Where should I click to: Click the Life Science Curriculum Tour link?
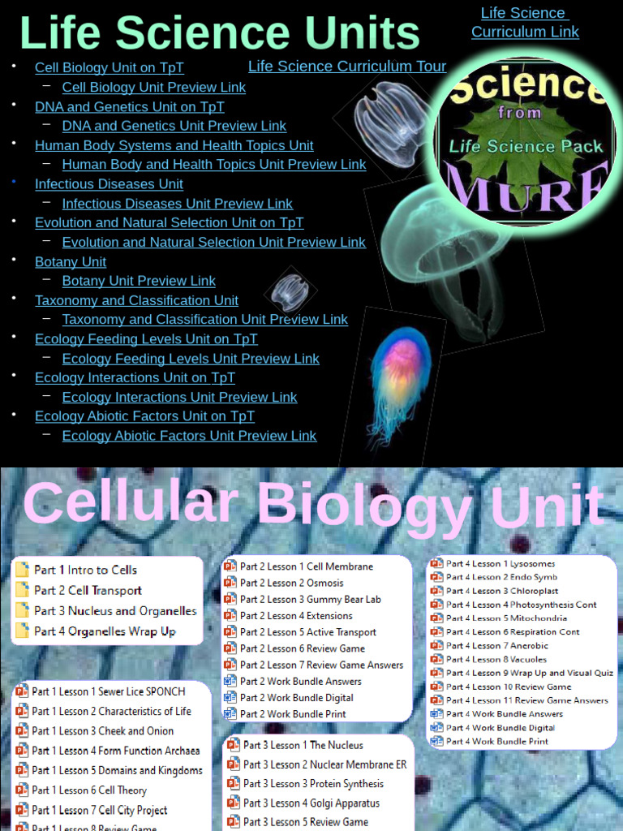tap(347, 67)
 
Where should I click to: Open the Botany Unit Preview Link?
tap(139, 281)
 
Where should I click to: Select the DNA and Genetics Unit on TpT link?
tap(129, 106)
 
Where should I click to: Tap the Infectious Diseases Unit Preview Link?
tap(177, 204)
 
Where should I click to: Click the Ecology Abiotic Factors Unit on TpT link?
tap(144, 416)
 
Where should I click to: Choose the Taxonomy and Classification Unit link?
tap(136, 300)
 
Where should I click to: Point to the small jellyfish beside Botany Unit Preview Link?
tap(290, 291)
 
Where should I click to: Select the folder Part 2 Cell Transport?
tap(88, 591)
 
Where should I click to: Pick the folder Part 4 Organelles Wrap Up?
tap(105, 631)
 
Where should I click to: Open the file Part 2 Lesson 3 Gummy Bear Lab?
tap(310, 600)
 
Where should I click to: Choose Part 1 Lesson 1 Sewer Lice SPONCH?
tap(108, 691)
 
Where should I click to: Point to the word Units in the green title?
tap(356, 34)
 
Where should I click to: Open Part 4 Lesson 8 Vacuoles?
tap(496, 660)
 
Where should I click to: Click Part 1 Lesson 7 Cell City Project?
tap(99, 810)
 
